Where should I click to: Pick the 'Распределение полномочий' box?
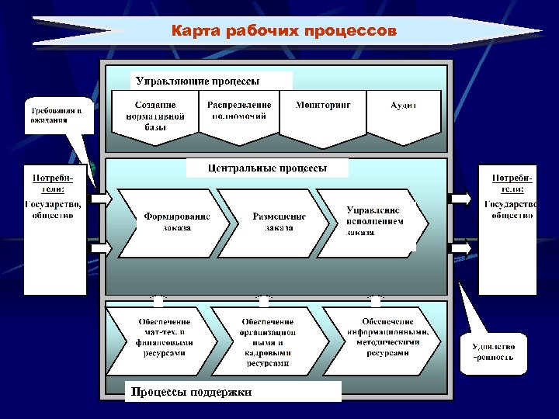(239, 113)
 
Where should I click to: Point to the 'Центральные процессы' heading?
(267, 168)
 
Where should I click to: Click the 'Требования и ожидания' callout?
(56, 115)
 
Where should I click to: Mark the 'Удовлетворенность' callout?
(493, 354)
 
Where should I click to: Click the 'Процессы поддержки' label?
(233, 392)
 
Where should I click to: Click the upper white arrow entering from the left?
(102, 199)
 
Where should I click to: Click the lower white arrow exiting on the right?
(461, 248)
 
